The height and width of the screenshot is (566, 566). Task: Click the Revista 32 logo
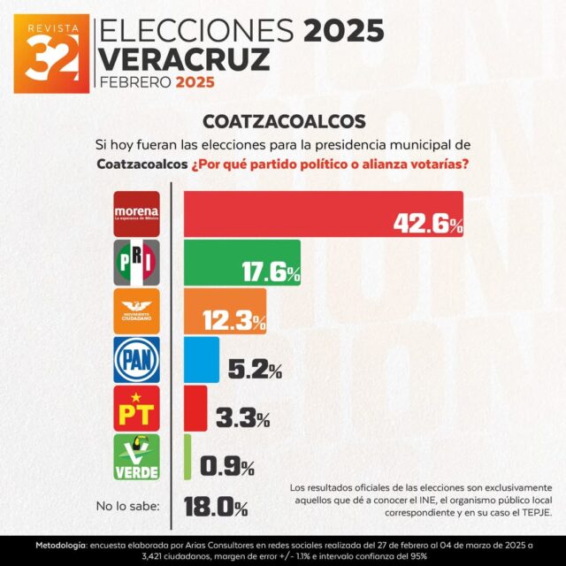pyautogui.click(x=51, y=53)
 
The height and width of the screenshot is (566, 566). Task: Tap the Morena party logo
pyautogui.click(x=137, y=213)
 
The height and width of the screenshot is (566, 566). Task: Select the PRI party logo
pyautogui.click(x=137, y=263)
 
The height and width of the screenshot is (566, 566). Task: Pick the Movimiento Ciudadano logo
pyautogui.click(x=137, y=311)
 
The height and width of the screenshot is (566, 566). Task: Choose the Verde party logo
pyautogui.click(x=137, y=457)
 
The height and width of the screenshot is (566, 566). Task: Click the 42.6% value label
pyautogui.click(x=428, y=225)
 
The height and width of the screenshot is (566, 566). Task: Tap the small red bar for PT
pyautogui.click(x=195, y=408)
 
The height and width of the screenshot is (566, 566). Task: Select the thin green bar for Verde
pyautogui.click(x=187, y=456)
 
